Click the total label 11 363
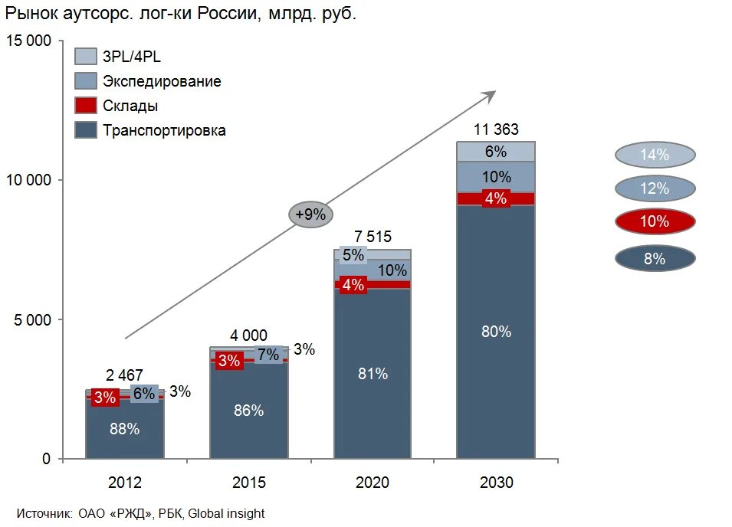pyautogui.click(x=495, y=129)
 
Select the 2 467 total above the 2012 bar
pyautogui.click(x=124, y=375)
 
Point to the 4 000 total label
pyautogui.click(x=248, y=335)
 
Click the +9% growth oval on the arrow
pyautogui.click(x=310, y=215)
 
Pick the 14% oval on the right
pyautogui.click(x=655, y=155)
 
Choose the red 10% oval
pyautogui.click(x=655, y=222)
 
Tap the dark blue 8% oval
pyautogui.click(x=655, y=259)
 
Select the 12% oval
pyautogui.click(x=655, y=188)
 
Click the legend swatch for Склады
pyautogui.click(x=86, y=106)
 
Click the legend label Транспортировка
pyautogui.click(x=164, y=130)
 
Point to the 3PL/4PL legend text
pyautogui.click(x=131, y=57)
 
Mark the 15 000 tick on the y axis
pyautogui.click(x=29, y=41)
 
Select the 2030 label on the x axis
pyautogui.click(x=496, y=483)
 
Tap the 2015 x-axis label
pyautogui.click(x=248, y=483)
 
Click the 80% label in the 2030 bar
pyautogui.click(x=496, y=332)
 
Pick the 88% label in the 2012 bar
pyautogui.click(x=124, y=429)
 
